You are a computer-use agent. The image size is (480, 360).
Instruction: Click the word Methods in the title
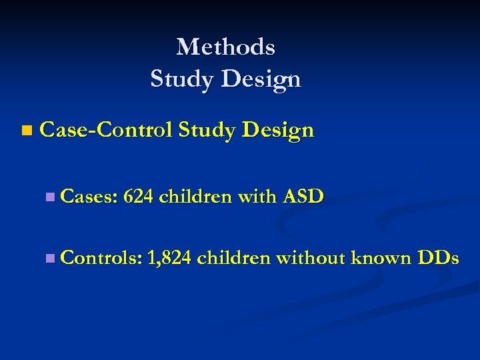pyautogui.click(x=225, y=47)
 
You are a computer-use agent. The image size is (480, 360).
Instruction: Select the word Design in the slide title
pyautogui.click(x=261, y=79)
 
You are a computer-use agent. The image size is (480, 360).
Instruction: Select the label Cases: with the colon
pyautogui.click(x=89, y=196)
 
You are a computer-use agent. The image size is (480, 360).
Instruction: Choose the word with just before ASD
pyautogui.click(x=261, y=196)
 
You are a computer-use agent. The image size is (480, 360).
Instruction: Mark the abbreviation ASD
pyautogui.click(x=303, y=196)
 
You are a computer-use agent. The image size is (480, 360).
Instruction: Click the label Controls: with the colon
pyautogui.click(x=101, y=257)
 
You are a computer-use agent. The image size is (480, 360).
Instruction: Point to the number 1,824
pyautogui.click(x=170, y=257)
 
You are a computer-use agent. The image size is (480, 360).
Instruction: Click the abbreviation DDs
pyautogui.click(x=437, y=257)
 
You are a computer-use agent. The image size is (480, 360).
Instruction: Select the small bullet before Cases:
pyautogui.click(x=51, y=197)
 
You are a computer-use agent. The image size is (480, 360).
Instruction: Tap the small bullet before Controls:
pyautogui.click(x=51, y=258)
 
